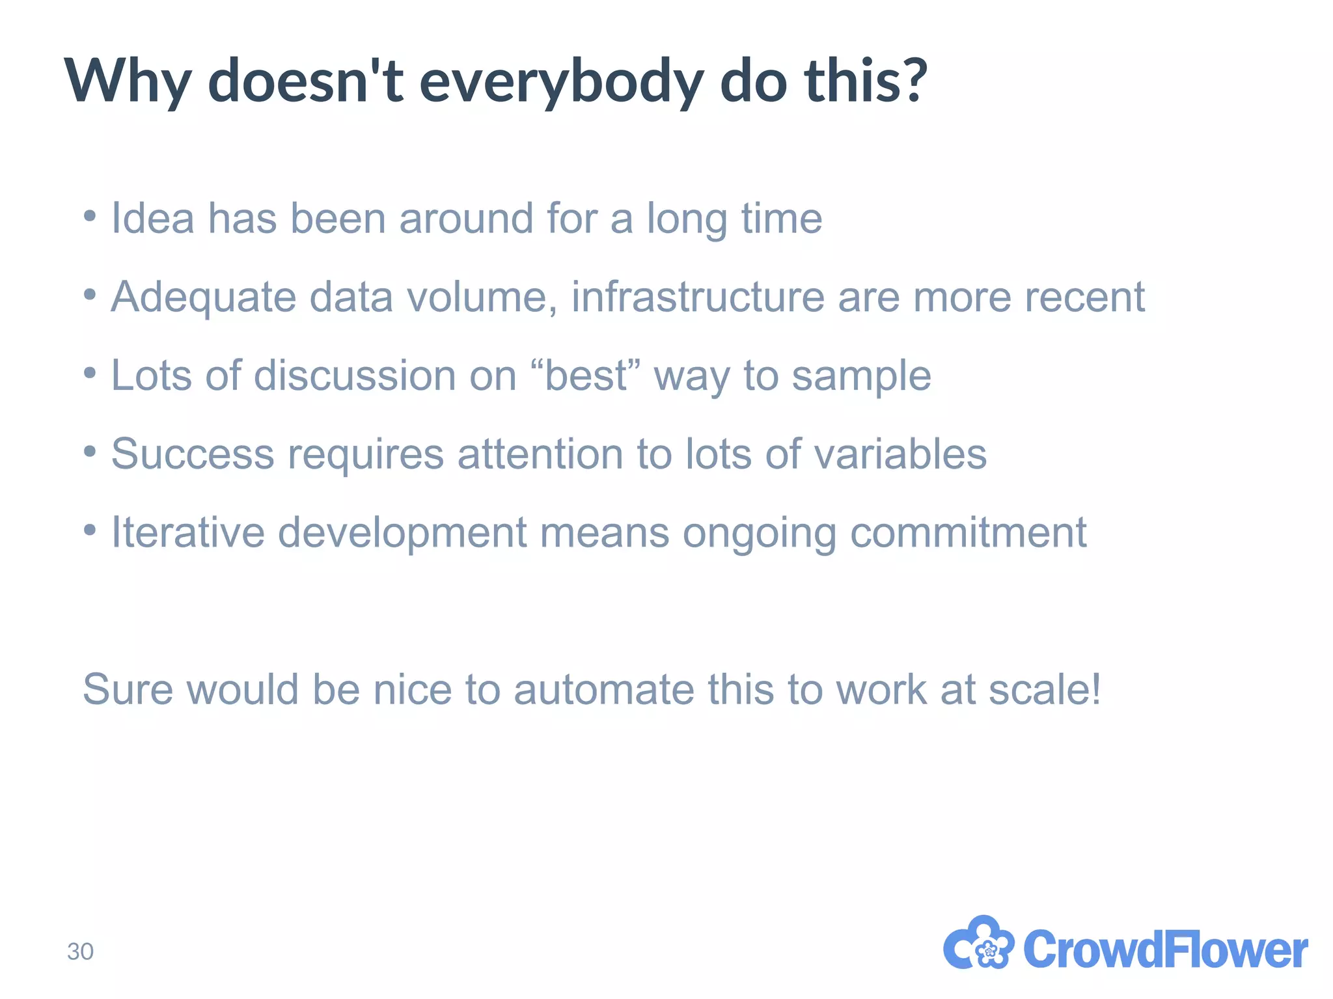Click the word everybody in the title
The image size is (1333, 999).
tap(561, 83)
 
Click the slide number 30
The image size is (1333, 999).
tap(80, 951)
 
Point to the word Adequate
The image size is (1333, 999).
tap(204, 297)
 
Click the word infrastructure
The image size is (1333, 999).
tap(698, 297)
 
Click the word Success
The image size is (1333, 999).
tap(193, 454)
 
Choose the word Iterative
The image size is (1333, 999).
tap(187, 532)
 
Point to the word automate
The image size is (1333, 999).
tap(603, 689)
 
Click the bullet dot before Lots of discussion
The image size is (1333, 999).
tap(90, 373)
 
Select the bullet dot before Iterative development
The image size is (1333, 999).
tap(90, 530)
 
